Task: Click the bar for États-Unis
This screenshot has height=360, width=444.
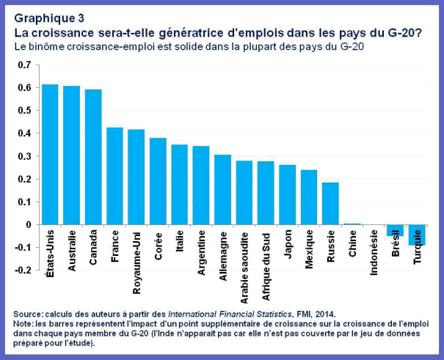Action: click(x=50, y=154)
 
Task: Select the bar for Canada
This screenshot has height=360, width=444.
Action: click(x=93, y=157)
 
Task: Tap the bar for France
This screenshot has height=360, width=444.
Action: click(x=114, y=176)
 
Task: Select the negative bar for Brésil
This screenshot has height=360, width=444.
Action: click(x=396, y=230)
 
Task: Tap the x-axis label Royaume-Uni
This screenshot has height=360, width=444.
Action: click(x=137, y=260)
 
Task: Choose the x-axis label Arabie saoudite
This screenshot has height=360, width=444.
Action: click(x=244, y=264)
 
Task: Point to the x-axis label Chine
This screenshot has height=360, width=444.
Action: click(x=352, y=250)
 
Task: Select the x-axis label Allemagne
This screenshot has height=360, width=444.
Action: click(x=223, y=257)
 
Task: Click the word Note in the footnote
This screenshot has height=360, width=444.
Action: click(x=25, y=322)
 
